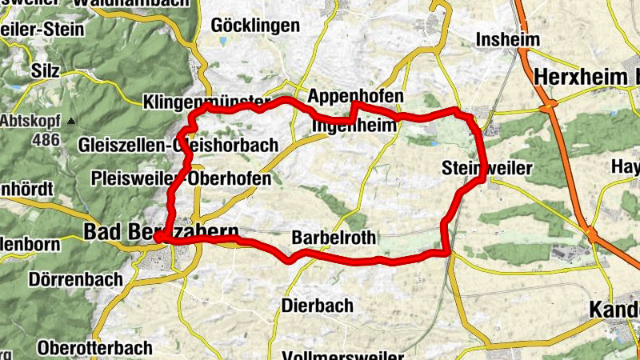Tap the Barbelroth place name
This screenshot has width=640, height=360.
331,238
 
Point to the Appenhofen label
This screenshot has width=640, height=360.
355,96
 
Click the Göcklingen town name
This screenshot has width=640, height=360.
255,26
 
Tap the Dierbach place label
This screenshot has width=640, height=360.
317,306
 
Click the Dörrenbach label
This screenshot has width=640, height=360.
75,279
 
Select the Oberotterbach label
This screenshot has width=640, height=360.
94,348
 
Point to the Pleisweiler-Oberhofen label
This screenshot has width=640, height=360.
181,179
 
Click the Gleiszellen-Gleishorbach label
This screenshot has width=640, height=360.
178,146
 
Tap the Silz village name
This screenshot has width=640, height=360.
46,70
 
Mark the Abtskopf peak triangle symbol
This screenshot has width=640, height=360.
71,121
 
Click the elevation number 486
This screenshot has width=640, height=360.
46,139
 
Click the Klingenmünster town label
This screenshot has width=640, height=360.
206,102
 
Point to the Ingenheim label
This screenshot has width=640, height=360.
354,126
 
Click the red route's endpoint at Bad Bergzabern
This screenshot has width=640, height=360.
158,237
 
